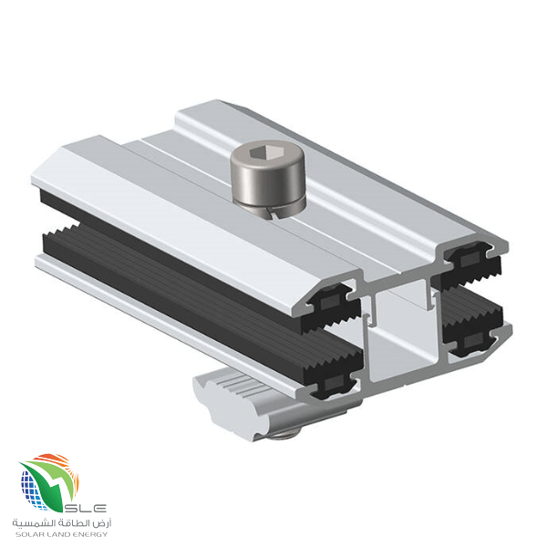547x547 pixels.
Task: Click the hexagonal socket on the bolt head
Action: (259, 151)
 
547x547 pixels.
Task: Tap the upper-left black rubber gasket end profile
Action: (330, 307)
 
